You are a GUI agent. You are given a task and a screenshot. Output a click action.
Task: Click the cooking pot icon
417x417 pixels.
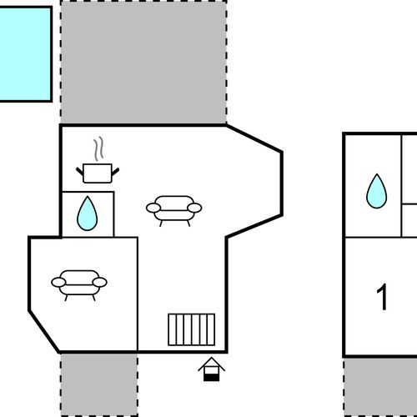[x=98, y=173]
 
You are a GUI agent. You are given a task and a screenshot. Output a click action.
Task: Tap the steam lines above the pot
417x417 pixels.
[x=98, y=149]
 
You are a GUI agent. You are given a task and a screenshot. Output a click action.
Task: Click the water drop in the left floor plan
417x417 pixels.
[x=87, y=214]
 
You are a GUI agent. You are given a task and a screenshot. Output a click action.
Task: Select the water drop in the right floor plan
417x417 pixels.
[x=376, y=192]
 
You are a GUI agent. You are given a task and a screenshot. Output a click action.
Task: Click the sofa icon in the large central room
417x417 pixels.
[x=174, y=211]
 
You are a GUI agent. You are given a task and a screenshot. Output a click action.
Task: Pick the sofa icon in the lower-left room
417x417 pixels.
[x=79, y=285]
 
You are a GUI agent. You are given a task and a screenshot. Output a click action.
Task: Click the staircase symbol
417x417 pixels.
[x=192, y=329]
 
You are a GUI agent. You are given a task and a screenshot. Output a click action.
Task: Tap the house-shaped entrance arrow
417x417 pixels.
[x=212, y=369]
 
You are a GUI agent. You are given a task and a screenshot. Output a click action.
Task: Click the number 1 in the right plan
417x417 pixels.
[x=382, y=297]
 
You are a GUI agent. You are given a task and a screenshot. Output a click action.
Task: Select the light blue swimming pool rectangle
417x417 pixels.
[x=26, y=54]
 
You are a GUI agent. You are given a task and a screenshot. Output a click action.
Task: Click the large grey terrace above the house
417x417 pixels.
[x=143, y=62]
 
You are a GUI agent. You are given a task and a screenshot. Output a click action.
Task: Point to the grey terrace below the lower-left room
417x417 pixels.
[x=99, y=384]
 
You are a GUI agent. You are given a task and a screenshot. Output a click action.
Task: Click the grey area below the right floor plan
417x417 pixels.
[x=380, y=387]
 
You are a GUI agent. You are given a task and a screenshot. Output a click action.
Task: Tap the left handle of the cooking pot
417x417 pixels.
[x=80, y=171]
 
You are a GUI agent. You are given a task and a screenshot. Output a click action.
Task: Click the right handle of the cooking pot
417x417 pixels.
[x=115, y=172]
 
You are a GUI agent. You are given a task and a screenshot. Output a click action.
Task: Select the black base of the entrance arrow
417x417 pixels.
[x=212, y=378]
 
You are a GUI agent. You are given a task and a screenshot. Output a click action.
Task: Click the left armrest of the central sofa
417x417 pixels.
[x=153, y=208]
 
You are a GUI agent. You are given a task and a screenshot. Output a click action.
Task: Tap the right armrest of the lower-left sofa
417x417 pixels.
[x=100, y=282]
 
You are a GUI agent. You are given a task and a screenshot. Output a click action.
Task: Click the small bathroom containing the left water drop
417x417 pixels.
[x=88, y=214]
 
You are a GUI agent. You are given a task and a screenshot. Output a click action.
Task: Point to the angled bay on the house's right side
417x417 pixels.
[x=254, y=183]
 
